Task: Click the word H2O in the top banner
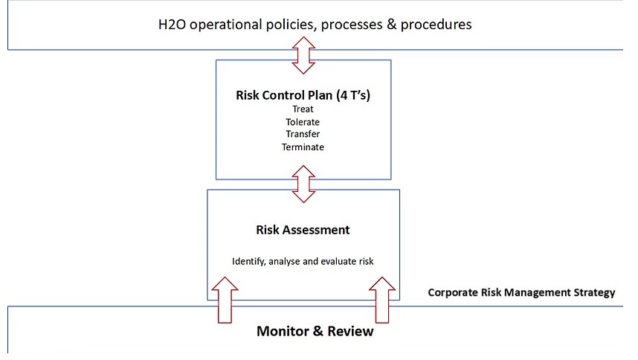coord(172,25)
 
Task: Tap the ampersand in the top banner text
coord(391,25)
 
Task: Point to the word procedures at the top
coord(436,25)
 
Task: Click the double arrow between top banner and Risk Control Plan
coord(303,55)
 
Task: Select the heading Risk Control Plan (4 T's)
coord(303,95)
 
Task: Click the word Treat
coord(303,109)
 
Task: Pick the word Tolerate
coord(303,122)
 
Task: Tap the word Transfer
coord(303,134)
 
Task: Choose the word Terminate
coord(303,147)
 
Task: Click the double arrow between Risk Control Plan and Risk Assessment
coord(303,184)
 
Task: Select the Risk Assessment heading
coord(303,230)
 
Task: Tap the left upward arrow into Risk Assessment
coord(225,300)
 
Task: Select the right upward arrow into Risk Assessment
coord(382,300)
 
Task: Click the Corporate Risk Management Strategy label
coord(522,293)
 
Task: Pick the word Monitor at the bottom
coord(283,331)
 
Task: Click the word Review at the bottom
coord(350,331)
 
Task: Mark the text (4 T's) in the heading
coord(353,95)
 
